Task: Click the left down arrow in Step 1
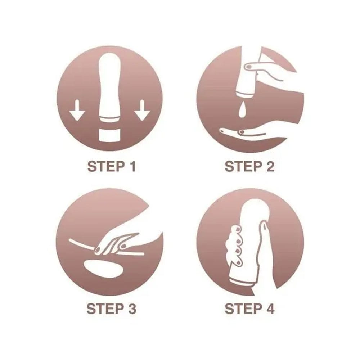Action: click(x=77, y=110)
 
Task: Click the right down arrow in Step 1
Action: click(x=142, y=110)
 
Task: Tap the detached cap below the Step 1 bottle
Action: click(x=110, y=135)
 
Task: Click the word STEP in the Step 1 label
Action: click(x=105, y=166)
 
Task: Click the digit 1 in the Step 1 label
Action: click(x=132, y=166)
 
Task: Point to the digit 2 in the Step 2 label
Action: click(x=270, y=166)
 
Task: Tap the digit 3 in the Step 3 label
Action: click(x=132, y=309)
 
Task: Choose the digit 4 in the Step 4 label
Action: click(x=270, y=309)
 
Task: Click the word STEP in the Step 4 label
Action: click(x=243, y=309)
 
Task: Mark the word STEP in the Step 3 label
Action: click(x=105, y=309)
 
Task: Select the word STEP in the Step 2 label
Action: click(x=243, y=166)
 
